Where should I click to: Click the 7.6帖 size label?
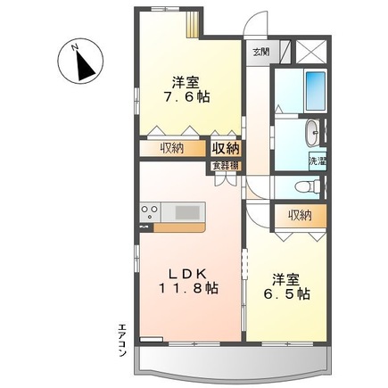pyautogui.click(x=186, y=95)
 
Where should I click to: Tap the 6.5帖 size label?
pyautogui.click(x=286, y=293)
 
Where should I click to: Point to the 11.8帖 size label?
pyautogui.click(x=186, y=287)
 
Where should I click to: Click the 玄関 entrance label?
pyautogui.click(x=260, y=51)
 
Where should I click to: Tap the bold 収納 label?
pyautogui.click(x=226, y=148)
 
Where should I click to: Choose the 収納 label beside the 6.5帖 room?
pyautogui.click(x=300, y=215)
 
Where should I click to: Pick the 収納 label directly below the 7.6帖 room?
pyautogui.click(x=172, y=148)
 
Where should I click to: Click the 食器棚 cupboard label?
pyautogui.click(x=226, y=165)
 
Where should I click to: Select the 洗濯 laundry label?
pyautogui.click(x=318, y=161)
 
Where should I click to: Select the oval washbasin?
pyautogui.click(x=310, y=135)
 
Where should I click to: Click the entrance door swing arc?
pyautogui.click(x=258, y=22)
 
